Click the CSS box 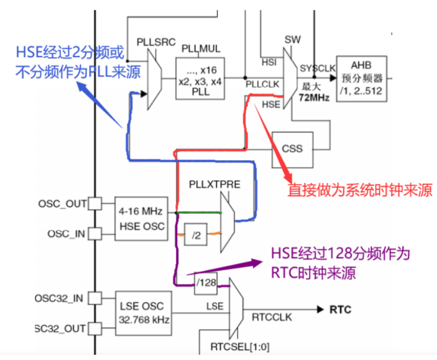(x=292, y=148)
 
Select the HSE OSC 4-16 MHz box (x=139, y=219)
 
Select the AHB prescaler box (x=361, y=79)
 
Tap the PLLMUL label (x=201, y=48)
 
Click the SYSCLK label (x=317, y=68)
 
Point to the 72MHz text (x=314, y=98)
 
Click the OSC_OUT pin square (x=94, y=203)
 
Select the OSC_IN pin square (x=94, y=233)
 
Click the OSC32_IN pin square (x=94, y=299)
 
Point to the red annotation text (x=359, y=190)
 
